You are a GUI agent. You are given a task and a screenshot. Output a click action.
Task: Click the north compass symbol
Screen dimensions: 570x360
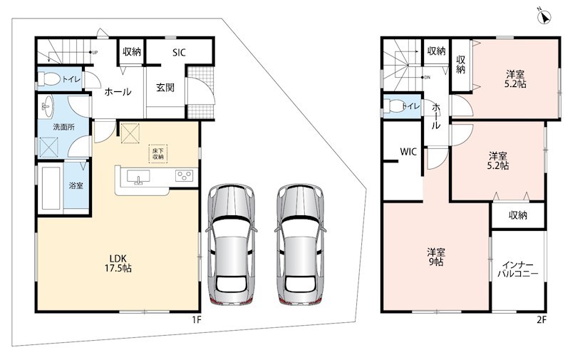(x=545, y=16)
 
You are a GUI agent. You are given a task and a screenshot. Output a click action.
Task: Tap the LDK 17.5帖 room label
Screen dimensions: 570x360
(x=118, y=263)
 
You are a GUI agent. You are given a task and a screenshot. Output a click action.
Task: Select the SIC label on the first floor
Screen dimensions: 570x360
(x=179, y=52)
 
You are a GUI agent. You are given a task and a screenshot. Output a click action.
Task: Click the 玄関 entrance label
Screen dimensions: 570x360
(x=165, y=87)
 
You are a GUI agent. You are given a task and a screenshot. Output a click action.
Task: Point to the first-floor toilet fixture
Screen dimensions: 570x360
(x=48, y=79)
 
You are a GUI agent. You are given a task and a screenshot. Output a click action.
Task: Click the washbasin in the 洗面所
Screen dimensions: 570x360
(x=47, y=106)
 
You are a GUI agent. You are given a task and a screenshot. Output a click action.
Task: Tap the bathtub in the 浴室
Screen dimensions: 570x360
(x=51, y=187)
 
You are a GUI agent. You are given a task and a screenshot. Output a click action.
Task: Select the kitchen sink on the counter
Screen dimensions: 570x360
(x=138, y=176)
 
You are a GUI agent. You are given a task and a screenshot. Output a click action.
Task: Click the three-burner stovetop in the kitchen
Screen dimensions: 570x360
(x=184, y=176)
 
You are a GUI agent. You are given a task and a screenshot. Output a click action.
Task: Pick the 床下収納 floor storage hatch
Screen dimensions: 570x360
(x=157, y=153)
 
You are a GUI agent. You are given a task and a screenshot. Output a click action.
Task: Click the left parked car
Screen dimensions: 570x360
(x=232, y=244)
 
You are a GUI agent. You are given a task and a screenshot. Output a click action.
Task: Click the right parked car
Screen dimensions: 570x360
(x=300, y=244)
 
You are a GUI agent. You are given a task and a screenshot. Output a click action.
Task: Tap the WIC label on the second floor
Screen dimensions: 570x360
(x=408, y=152)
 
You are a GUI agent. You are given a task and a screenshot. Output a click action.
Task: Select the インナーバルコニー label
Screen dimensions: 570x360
(x=518, y=269)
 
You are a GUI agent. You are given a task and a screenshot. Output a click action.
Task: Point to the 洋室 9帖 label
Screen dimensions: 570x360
(x=436, y=257)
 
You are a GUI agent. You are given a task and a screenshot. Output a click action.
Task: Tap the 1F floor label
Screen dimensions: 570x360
(x=197, y=320)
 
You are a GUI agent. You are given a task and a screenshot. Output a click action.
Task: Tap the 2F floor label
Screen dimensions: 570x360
(x=541, y=320)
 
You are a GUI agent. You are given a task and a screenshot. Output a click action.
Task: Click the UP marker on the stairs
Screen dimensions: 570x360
(x=95, y=53)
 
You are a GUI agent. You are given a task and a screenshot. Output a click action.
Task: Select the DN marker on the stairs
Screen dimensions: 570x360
(x=427, y=78)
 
